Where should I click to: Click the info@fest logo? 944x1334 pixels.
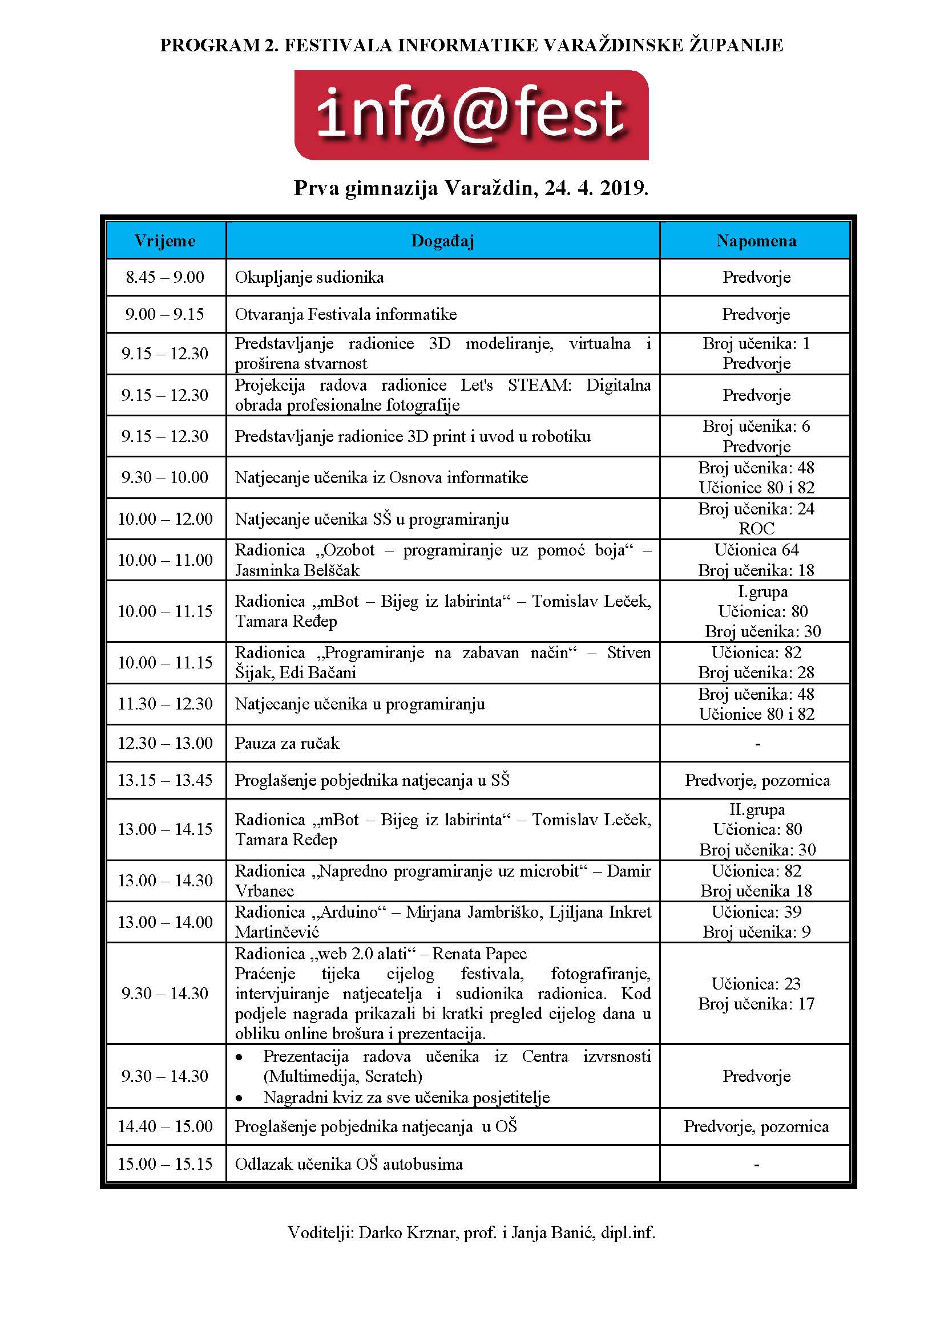pyautogui.click(x=471, y=115)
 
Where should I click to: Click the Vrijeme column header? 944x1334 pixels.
pyautogui.click(x=165, y=241)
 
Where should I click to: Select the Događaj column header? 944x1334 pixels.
pyautogui.click(x=442, y=241)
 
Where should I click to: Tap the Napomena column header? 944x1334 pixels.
pyautogui.click(x=756, y=241)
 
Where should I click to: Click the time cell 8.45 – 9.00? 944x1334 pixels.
pyautogui.click(x=165, y=277)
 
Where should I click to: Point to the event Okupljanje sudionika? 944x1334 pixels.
pyautogui.click(x=309, y=277)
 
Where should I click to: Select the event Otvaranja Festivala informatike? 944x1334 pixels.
pyautogui.click(x=346, y=314)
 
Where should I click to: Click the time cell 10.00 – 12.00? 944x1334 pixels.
pyautogui.click(x=165, y=519)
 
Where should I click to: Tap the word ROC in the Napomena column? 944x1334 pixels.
pyautogui.click(x=756, y=529)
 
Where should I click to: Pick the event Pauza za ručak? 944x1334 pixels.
pyautogui.click(x=287, y=743)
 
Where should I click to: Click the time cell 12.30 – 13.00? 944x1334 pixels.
pyautogui.click(x=165, y=743)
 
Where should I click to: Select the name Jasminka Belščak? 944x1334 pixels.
pyautogui.click(x=297, y=570)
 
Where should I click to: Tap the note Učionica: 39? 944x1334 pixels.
pyautogui.click(x=756, y=912)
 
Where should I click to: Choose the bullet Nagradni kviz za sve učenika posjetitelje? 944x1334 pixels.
pyautogui.click(x=406, y=1097)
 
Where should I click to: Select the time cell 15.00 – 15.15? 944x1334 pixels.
pyautogui.click(x=165, y=1165)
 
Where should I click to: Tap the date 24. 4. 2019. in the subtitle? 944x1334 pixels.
pyautogui.click(x=596, y=188)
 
